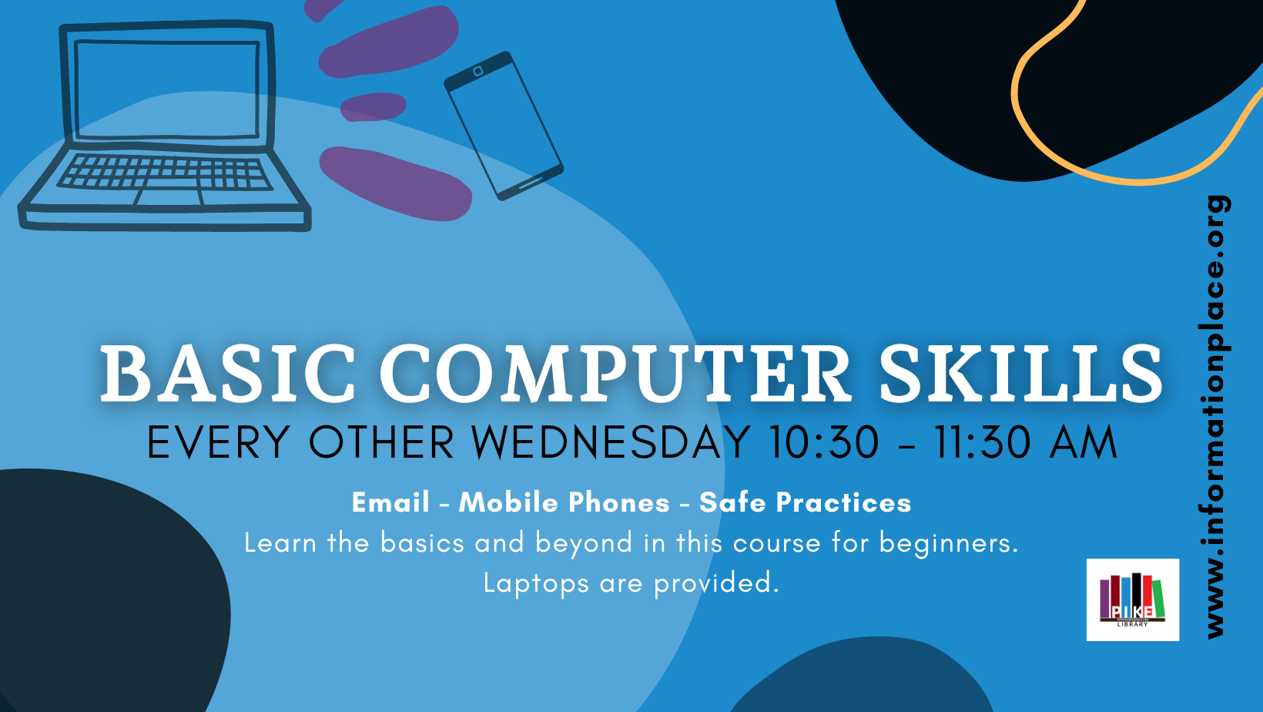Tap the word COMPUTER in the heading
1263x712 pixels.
click(615, 373)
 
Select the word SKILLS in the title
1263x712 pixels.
click(1020, 373)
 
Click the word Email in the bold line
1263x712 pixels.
click(390, 502)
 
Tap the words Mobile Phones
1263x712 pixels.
click(564, 502)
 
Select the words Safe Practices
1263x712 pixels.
click(806, 502)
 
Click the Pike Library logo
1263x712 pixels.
click(1133, 599)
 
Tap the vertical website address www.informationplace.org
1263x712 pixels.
click(1215, 417)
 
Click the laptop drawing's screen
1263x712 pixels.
click(167, 89)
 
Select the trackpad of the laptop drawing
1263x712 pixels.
click(169, 197)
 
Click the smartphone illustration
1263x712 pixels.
click(504, 126)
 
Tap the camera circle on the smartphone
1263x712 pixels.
click(477, 71)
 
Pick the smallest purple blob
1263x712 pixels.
click(373, 106)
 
